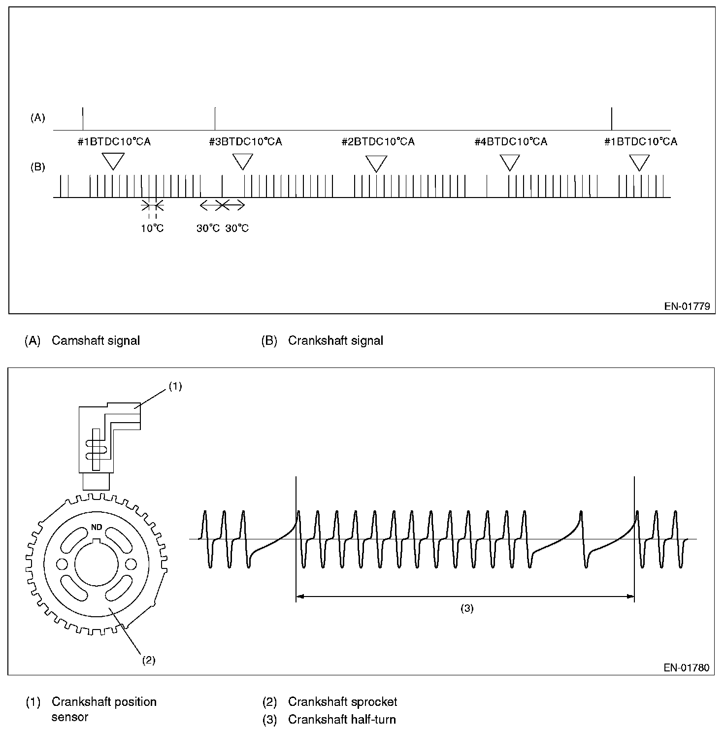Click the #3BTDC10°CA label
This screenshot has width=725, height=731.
point(245,142)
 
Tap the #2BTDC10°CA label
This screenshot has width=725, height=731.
point(378,142)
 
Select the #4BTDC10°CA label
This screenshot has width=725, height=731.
point(511,142)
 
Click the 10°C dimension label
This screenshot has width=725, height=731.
point(152,229)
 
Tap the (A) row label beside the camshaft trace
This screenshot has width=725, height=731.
point(38,118)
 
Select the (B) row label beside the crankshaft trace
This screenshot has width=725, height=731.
point(38,167)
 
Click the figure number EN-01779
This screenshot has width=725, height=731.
point(687,306)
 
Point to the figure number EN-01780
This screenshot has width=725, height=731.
point(687,668)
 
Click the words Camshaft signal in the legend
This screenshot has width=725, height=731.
point(96,340)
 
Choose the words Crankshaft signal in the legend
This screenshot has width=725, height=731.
point(335,340)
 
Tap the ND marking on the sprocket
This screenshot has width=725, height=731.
point(97,527)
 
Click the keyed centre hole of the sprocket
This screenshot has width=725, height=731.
point(97,563)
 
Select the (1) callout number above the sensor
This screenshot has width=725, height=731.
point(175,387)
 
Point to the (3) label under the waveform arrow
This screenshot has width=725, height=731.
point(466,608)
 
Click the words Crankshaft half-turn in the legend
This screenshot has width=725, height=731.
point(342,720)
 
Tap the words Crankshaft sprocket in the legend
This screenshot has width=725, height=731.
point(342,701)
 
